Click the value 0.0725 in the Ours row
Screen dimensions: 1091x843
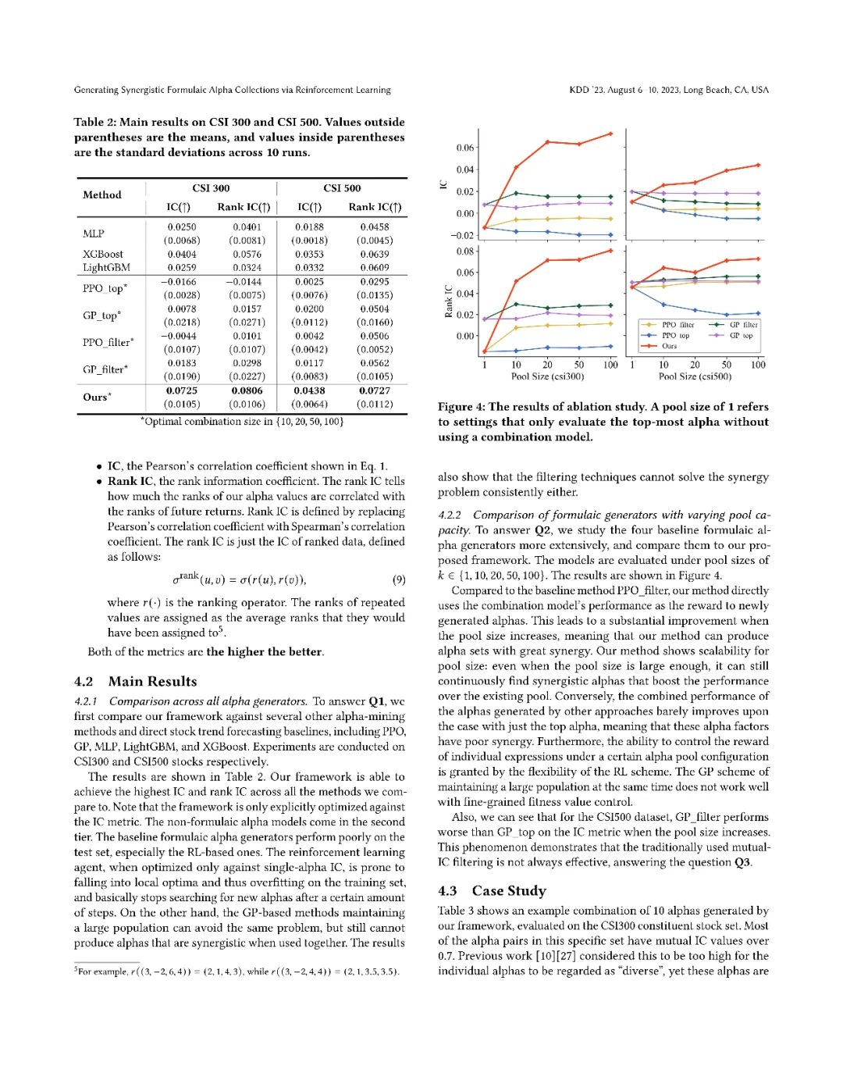click(181, 390)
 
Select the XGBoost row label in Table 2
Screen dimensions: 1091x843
click(103, 254)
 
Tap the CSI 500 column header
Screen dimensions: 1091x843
click(342, 188)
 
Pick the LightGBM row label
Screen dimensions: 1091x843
click(106, 267)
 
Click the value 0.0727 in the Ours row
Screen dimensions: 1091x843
click(375, 390)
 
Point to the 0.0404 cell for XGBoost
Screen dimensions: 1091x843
click(181, 254)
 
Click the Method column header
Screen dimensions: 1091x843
click(102, 195)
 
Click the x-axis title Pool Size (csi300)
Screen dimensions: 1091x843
click(547, 376)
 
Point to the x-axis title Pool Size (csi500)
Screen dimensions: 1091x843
click(695, 376)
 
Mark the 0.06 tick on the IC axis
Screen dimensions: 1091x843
click(465, 148)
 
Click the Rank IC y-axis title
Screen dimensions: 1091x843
click(448, 301)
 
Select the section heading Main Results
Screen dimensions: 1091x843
click(152, 681)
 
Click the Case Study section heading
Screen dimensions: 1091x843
click(509, 890)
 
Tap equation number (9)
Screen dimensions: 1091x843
click(398, 579)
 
